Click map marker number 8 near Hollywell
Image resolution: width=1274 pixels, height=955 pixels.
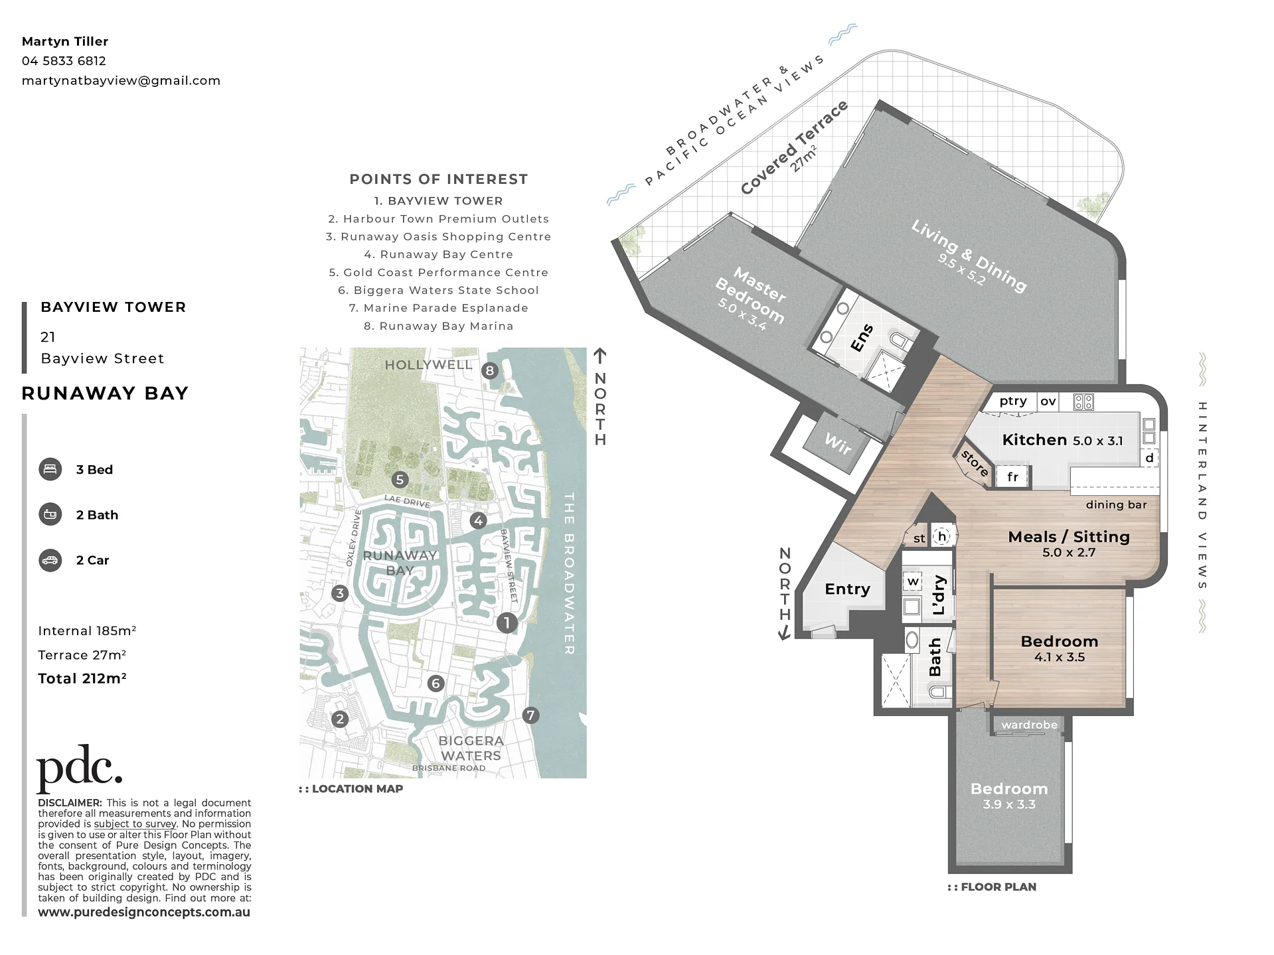click(490, 370)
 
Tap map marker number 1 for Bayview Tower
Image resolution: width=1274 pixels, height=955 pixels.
click(507, 623)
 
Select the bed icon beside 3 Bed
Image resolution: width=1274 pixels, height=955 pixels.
click(50, 469)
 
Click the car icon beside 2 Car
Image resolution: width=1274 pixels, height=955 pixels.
click(50, 560)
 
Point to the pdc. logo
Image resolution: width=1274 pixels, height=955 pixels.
click(80, 769)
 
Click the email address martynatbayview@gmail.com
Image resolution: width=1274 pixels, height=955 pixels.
click(121, 80)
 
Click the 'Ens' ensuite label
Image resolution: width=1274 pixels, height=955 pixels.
click(862, 338)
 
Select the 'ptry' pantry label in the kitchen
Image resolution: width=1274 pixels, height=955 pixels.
click(1013, 401)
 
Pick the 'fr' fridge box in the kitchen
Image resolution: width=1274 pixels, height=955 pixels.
click(1012, 477)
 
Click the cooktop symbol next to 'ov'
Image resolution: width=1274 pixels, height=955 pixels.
click(1083, 402)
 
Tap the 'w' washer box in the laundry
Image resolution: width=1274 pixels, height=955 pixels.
click(914, 581)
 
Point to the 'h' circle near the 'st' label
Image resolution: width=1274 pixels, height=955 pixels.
click(941, 536)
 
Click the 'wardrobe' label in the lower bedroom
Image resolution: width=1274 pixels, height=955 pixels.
click(1029, 725)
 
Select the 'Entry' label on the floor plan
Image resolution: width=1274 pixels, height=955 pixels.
click(847, 589)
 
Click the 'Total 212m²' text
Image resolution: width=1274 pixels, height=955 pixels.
click(82, 678)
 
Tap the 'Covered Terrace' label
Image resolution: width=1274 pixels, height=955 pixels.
click(794, 147)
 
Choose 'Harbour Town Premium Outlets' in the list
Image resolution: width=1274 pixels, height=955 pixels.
click(439, 219)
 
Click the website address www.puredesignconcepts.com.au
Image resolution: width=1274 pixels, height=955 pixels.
click(144, 912)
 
